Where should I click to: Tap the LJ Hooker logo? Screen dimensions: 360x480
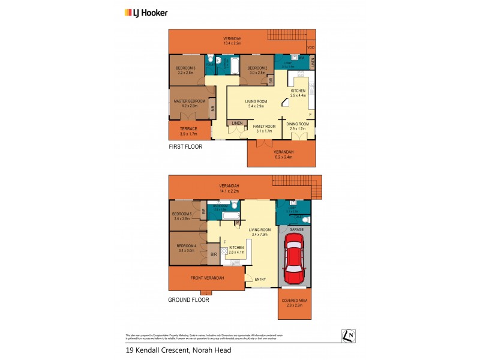tap(146, 12)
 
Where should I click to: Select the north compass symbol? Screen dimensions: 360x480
tap(347, 337)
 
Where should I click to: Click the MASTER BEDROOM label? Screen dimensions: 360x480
tap(188, 101)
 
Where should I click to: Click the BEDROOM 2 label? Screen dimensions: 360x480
tap(257, 68)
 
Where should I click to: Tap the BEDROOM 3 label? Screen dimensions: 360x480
tap(185, 68)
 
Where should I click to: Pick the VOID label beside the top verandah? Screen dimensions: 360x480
tap(311, 47)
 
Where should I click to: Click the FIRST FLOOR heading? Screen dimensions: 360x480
tap(185, 146)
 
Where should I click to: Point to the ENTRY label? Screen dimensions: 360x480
tap(260, 279)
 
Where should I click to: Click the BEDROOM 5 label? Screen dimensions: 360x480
tap(182, 214)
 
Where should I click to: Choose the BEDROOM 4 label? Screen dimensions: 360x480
tap(185, 246)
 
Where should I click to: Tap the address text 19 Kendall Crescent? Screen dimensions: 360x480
tap(178, 350)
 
